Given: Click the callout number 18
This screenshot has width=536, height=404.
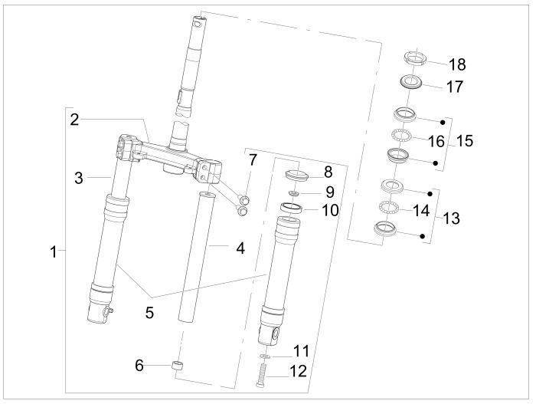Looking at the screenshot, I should pyautogui.click(x=456, y=64).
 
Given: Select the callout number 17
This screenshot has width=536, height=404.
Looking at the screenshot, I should pyautogui.click(x=455, y=87).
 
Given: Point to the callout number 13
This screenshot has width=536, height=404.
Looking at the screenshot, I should pyautogui.click(x=451, y=218).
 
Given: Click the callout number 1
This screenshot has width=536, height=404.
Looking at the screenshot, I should pyautogui.click(x=54, y=251).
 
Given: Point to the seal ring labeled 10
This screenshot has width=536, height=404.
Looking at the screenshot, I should pyautogui.click(x=291, y=207).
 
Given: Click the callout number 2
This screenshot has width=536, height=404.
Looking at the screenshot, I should pyautogui.click(x=75, y=119).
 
